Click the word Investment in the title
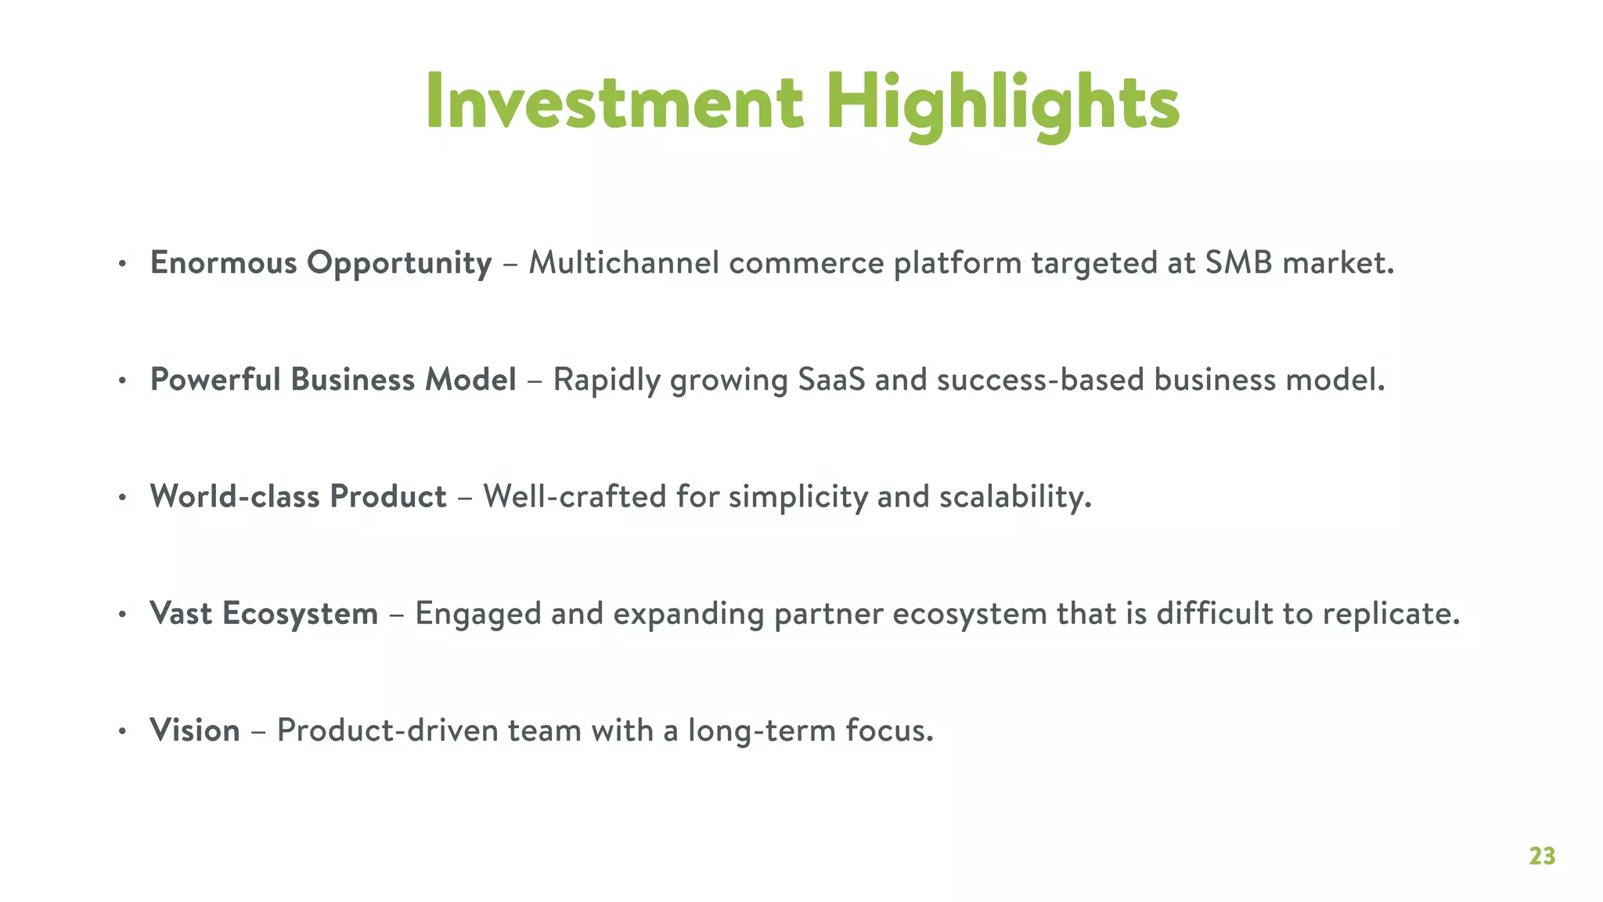[x=614, y=102]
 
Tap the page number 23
[x=1542, y=856]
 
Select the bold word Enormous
[x=223, y=263]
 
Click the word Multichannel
[x=624, y=263]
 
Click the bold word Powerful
[x=215, y=380]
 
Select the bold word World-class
[x=235, y=496]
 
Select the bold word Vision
[x=195, y=731]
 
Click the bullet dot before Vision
[x=122, y=732]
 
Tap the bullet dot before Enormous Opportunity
[x=122, y=265]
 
